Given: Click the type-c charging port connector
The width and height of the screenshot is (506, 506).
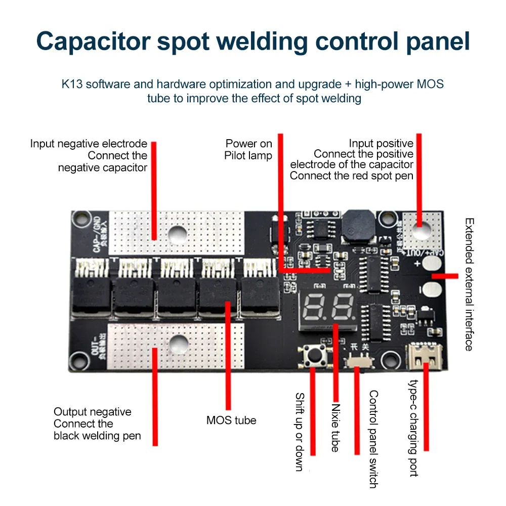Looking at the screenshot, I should click(424, 356).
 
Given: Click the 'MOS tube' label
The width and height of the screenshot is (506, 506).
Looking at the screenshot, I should click(231, 420).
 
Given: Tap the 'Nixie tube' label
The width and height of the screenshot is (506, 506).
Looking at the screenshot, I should click(335, 428).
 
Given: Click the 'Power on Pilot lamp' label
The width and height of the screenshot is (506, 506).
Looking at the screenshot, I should click(248, 150).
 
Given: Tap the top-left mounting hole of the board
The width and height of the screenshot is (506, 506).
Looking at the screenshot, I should click(78, 219).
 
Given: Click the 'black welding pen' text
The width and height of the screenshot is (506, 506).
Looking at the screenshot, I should click(97, 436).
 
